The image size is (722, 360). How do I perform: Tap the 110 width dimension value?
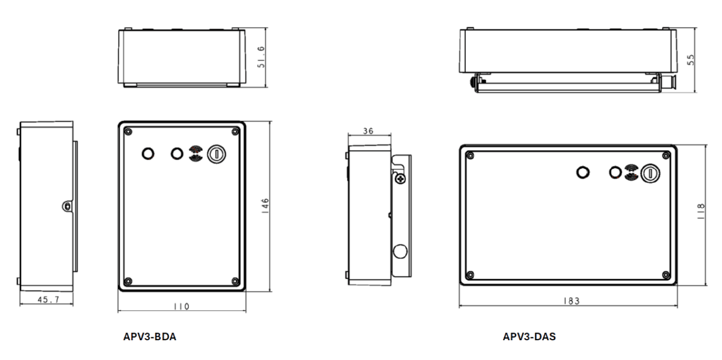[x=182, y=306]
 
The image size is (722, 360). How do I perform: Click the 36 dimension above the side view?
[x=368, y=131]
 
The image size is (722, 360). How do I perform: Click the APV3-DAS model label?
[x=529, y=337]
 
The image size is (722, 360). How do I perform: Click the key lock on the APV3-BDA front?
[x=216, y=153]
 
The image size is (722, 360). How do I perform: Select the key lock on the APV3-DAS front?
[x=650, y=172]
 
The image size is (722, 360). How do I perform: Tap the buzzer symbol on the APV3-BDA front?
[x=195, y=153]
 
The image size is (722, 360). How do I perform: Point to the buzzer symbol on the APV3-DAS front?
[x=631, y=173]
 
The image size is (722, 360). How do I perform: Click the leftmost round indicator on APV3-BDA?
[x=148, y=153]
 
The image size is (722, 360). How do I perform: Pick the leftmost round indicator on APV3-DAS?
[x=582, y=172]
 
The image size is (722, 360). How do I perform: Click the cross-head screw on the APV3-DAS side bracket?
[x=400, y=179]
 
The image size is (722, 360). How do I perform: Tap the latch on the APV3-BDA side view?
[x=67, y=207]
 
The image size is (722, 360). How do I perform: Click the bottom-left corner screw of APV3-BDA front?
[x=128, y=280]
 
